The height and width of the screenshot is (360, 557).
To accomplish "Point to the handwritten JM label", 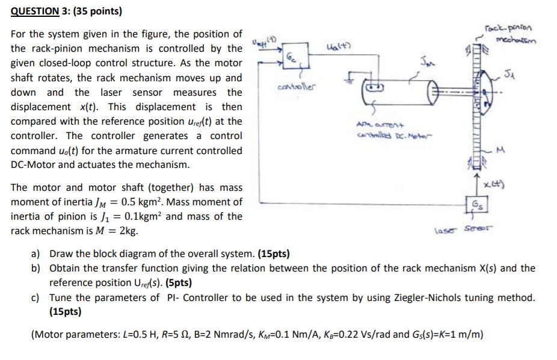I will coord(428,61).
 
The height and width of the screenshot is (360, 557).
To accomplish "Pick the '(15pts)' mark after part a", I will coord(276,253).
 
